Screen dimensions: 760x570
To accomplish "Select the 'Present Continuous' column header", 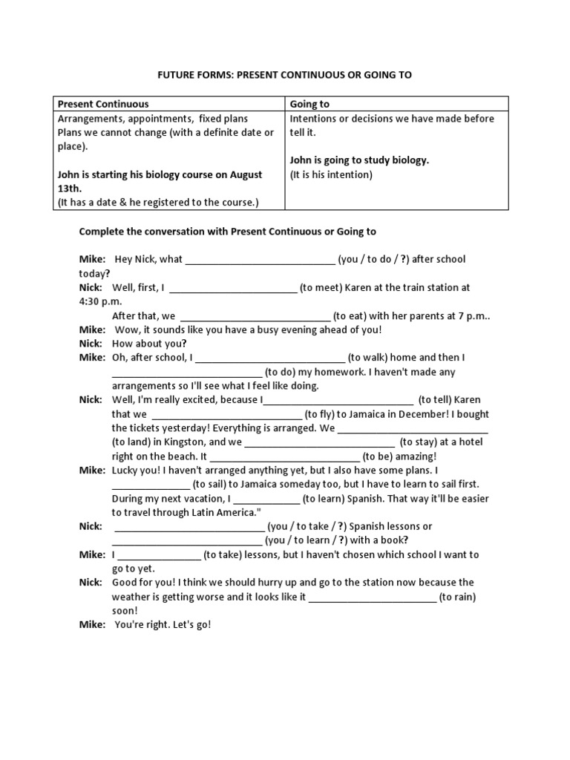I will (x=103, y=104).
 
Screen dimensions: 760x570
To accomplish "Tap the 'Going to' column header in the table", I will (x=309, y=104).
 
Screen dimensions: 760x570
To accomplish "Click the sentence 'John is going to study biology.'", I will (x=359, y=160).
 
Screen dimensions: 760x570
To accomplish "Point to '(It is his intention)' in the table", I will (x=331, y=174).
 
